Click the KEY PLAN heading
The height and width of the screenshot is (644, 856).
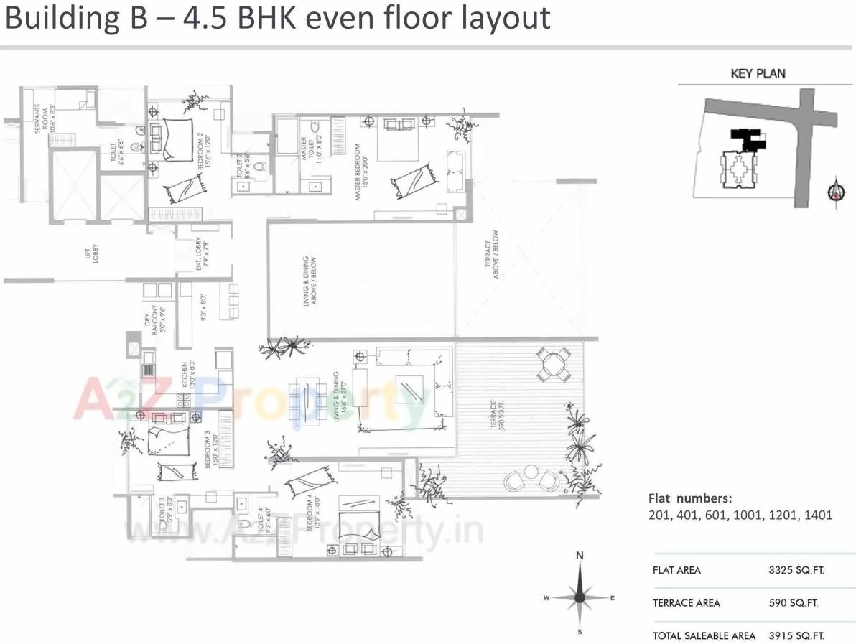click(758, 73)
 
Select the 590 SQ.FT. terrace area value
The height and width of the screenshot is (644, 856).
click(793, 603)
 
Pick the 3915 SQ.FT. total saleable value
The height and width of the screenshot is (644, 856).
click(796, 635)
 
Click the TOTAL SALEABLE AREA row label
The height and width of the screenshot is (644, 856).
click(704, 635)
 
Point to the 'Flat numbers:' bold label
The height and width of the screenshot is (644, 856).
click(690, 498)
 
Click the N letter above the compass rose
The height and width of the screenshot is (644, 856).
click(580, 555)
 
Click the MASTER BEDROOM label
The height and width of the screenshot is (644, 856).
click(357, 172)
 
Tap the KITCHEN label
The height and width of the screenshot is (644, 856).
click(185, 375)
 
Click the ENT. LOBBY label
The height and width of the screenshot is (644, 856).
click(200, 256)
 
